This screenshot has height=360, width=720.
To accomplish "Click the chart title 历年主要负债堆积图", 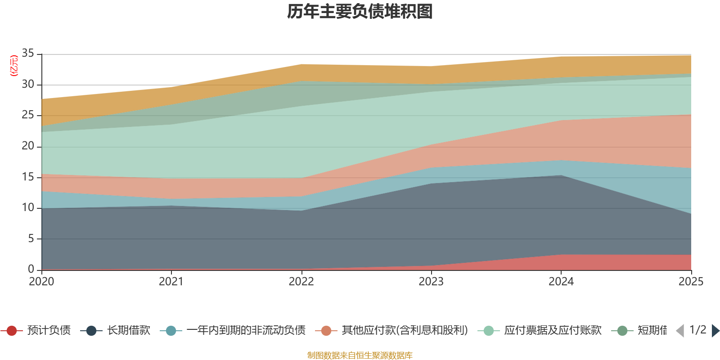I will [x=360, y=12].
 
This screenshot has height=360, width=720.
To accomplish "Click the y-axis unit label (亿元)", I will [x=14, y=66].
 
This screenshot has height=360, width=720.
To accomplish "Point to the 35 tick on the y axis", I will [x=28, y=54].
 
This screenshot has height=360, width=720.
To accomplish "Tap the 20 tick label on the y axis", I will [x=28, y=146].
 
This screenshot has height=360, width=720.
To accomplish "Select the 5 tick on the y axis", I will [x=31, y=238].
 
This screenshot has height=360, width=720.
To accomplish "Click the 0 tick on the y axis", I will [x=31, y=269].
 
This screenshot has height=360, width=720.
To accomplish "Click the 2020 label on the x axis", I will [x=41, y=282].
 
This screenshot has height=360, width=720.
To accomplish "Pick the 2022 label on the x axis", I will [x=301, y=282].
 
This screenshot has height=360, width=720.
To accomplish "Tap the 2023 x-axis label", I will [x=431, y=282].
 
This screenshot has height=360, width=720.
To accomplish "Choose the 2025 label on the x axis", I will [x=691, y=282].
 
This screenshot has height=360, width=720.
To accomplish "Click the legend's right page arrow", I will [x=715, y=331].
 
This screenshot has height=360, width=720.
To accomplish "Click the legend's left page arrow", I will [x=680, y=331].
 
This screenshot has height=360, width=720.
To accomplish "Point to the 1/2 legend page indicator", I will [x=698, y=330].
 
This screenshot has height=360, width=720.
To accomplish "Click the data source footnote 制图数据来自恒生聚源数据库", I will [x=360, y=355].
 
